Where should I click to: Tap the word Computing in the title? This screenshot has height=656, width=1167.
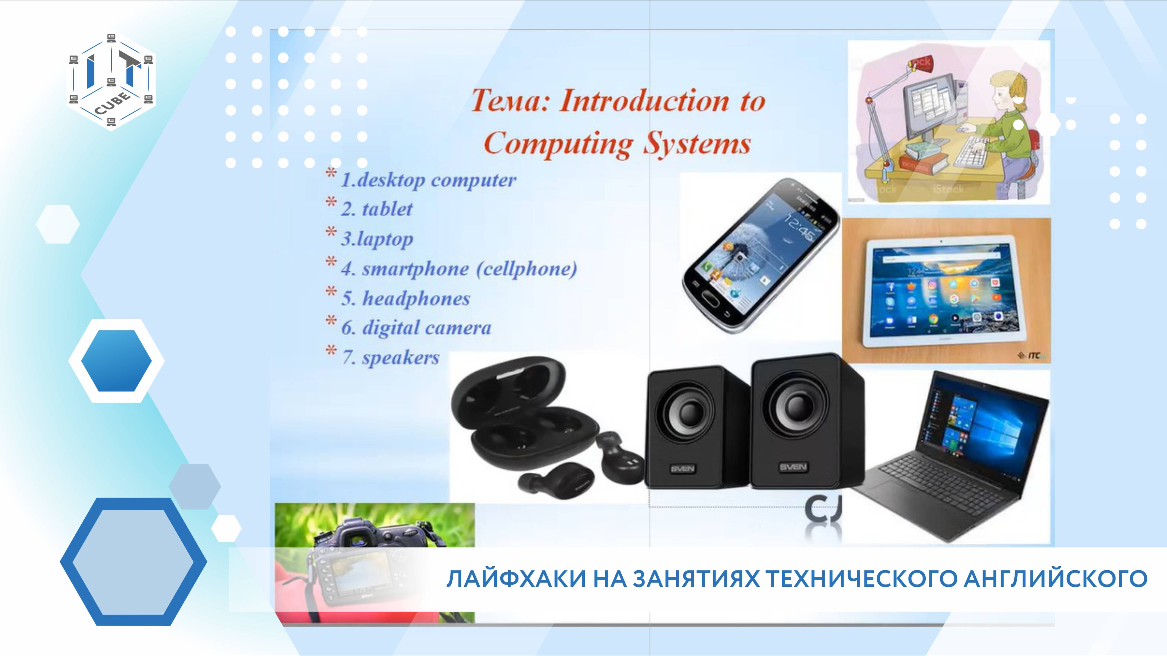coord(557,144)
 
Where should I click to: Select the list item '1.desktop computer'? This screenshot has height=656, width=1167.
coord(428,180)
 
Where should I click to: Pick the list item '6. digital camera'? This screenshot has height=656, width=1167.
coord(416,328)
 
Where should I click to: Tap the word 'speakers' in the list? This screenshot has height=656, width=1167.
coord(400,358)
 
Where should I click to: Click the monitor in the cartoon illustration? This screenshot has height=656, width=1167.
coord(929,104)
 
